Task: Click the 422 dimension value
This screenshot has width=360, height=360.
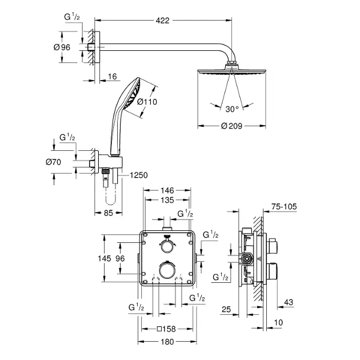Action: click(162, 21)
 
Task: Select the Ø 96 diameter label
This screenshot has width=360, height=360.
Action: click(62, 47)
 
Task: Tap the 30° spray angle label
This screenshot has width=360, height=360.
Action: click(232, 109)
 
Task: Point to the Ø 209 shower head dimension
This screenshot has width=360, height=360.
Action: click(231, 126)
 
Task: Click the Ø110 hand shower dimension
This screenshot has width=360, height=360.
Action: click(147, 102)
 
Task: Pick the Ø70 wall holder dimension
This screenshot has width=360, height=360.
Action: click(53, 162)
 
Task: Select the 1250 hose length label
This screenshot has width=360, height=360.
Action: click(139, 175)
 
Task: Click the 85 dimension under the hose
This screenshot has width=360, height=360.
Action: click(109, 213)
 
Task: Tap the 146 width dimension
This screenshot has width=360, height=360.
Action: click(167, 190)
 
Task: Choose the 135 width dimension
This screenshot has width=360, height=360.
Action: click(167, 200)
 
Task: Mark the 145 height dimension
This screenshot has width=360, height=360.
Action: click(105, 258)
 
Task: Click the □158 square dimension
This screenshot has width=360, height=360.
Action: click(166, 329)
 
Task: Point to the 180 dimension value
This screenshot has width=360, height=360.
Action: click(167, 342)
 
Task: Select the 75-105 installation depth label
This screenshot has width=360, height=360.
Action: click(284, 207)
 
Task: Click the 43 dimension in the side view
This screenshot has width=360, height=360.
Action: click(289, 302)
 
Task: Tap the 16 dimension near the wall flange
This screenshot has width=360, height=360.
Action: click(112, 77)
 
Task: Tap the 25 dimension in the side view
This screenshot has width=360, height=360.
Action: click(226, 310)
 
